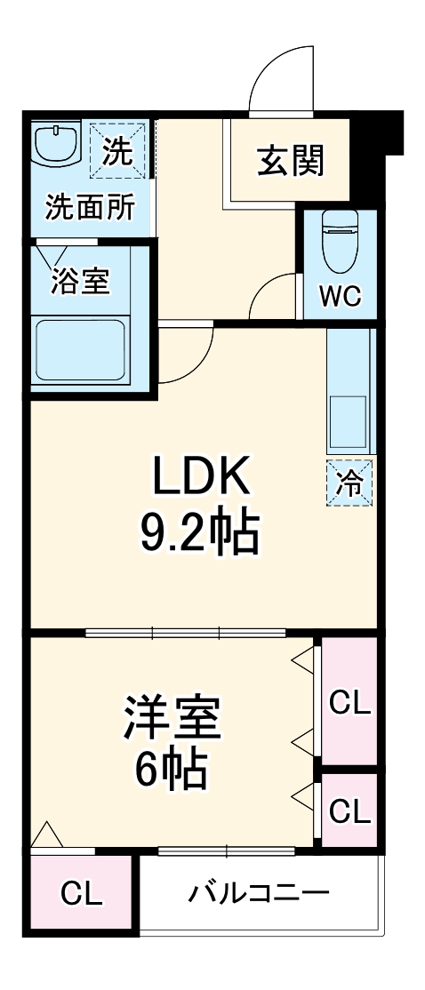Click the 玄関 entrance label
(x=292, y=162)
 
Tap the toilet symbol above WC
(x=341, y=240)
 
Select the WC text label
(x=341, y=296)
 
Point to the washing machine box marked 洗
(x=115, y=150)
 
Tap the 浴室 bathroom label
(x=80, y=282)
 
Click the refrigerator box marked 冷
(x=349, y=484)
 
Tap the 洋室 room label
(x=172, y=719)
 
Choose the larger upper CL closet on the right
(x=349, y=701)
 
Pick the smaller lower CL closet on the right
(x=349, y=810)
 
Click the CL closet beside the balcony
(x=81, y=893)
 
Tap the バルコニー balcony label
(x=259, y=892)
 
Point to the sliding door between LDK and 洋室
(x=186, y=634)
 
